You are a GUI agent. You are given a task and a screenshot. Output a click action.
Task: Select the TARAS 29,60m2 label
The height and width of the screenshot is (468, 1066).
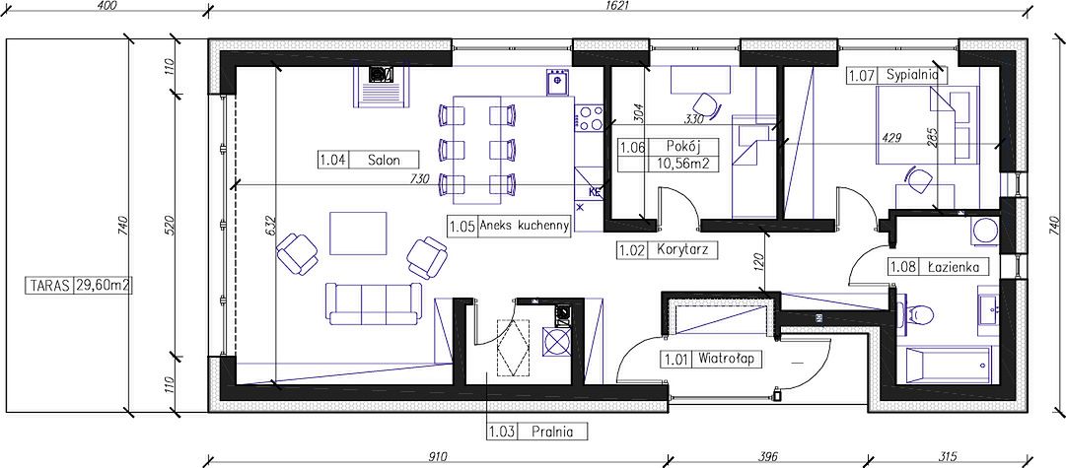(79, 286)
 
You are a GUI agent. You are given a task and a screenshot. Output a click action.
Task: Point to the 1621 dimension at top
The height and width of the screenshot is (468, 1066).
(617, 6)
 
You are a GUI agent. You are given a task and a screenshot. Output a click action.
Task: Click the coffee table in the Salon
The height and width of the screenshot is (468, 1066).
(358, 233)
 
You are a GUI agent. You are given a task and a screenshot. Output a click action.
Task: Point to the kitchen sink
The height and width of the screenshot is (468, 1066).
(557, 82)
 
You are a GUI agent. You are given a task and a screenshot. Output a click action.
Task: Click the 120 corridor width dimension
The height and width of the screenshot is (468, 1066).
(760, 261)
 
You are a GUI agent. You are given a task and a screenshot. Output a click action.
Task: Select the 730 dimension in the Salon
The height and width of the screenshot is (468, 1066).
(421, 178)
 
